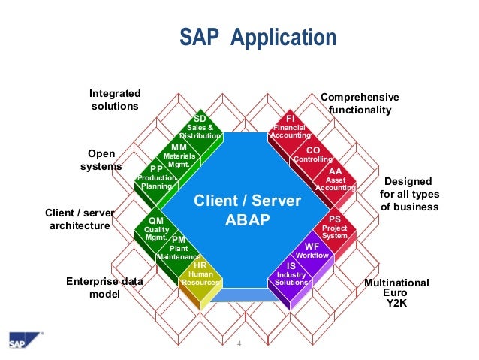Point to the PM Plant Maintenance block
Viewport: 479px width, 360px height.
tap(179, 249)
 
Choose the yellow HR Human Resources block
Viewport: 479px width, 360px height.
tap(200, 274)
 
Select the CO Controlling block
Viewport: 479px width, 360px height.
tap(312, 155)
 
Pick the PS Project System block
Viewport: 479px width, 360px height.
tap(335, 228)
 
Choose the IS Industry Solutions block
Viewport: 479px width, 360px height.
tap(291, 275)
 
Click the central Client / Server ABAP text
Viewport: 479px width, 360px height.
tap(247, 212)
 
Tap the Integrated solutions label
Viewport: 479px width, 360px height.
tap(115, 100)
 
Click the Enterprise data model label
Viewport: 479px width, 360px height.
tap(104, 288)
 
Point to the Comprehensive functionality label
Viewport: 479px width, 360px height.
tap(360, 104)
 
